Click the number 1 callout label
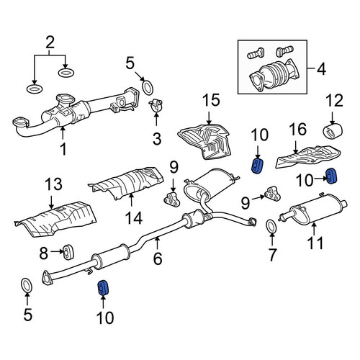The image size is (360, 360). coord(63,149)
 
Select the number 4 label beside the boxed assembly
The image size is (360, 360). coord(321,68)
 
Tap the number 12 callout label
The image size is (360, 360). coord(335,101)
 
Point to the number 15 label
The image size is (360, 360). coord(211,100)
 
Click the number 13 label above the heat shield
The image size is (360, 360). coord(53,184)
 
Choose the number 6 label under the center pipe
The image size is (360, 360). coord(158,258)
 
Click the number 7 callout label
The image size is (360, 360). coord(272,255)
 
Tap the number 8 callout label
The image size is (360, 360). coord(44,253)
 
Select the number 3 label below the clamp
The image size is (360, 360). coord(157,139)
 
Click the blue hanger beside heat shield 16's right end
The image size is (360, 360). coord(331,176)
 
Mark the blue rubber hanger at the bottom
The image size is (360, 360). coord(104,287)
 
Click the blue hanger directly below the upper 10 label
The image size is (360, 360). coord(258,166)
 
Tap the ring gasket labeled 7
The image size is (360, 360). coord(271,226)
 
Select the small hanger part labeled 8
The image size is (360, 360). coord(68,252)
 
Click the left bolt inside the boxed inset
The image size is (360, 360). coord(255,53)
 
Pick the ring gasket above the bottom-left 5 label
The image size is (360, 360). coord(27,286)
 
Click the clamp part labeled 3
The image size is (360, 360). coord(156,105)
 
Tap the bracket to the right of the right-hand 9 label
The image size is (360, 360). coord(272,194)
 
